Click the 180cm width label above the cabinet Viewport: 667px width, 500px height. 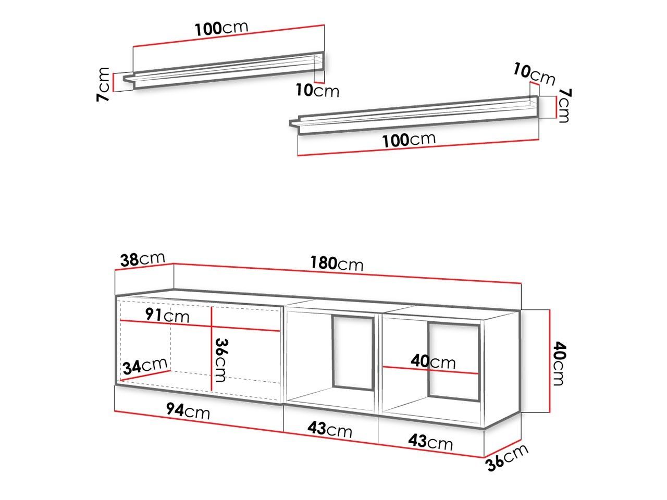pyautogui.click(x=337, y=263)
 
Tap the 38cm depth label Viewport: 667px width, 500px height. pyautogui.click(x=142, y=259)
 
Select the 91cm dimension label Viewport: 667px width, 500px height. pyautogui.click(x=167, y=315)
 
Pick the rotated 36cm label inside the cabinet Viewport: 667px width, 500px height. pyautogui.click(x=221, y=360)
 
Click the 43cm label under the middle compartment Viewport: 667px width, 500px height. pyautogui.click(x=330, y=429)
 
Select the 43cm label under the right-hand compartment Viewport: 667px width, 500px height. pyautogui.click(x=430, y=442)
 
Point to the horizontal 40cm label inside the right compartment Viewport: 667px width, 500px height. pyautogui.click(x=433, y=361)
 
